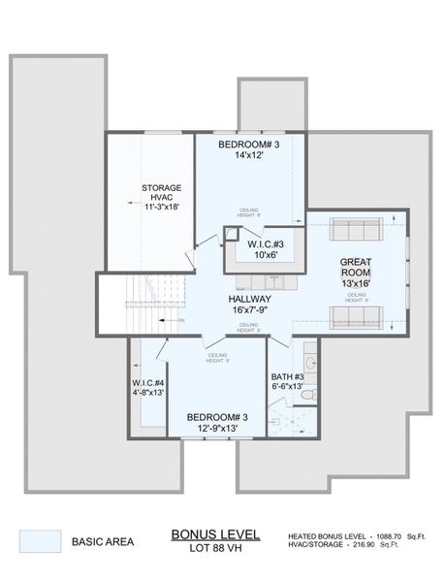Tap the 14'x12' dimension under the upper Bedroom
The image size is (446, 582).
pyautogui.click(x=248, y=156)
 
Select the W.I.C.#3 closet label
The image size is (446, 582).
pyautogui.click(x=265, y=243)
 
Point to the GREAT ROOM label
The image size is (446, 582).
pyautogui.click(x=357, y=268)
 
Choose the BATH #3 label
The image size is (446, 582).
pyautogui.click(x=287, y=376)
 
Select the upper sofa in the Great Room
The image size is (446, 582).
pyautogui.click(x=355, y=229)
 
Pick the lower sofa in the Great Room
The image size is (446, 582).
pyautogui.click(x=355, y=317)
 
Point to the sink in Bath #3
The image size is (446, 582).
pyautogui.click(x=310, y=363)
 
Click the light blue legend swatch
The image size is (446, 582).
pyautogui.click(x=40, y=540)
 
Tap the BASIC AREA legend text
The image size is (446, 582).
pyautogui.click(x=104, y=541)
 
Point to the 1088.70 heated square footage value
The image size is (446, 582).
pyautogui.click(x=389, y=535)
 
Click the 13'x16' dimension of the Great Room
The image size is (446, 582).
pyautogui.click(x=357, y=283)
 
